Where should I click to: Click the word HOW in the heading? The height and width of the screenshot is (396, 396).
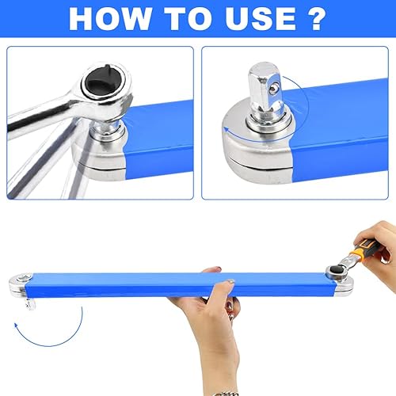click(x=110, y=18)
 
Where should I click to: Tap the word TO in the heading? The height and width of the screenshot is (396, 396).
click(x=188, y=18)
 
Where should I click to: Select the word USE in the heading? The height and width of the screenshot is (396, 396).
click(x=261, y=18)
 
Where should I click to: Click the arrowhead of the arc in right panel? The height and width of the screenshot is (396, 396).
click(x=226, y=130)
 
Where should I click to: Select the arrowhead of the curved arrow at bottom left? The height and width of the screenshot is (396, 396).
click(x=17, y=326)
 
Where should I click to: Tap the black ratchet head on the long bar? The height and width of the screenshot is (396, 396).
click(x=336, y=270)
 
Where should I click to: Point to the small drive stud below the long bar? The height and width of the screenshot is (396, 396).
click(x=31, y=304)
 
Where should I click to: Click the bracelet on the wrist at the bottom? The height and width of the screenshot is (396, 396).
click(x=225, y=394)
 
